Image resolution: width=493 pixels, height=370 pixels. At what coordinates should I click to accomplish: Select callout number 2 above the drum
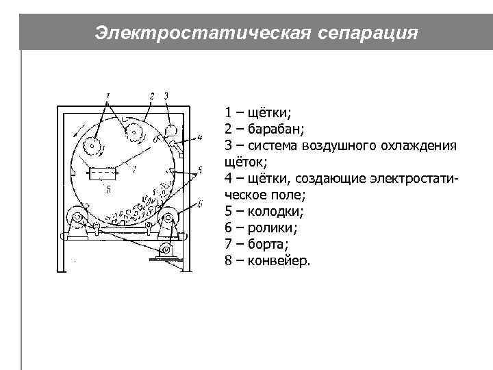152,94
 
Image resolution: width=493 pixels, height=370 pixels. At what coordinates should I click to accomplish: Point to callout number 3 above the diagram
166,94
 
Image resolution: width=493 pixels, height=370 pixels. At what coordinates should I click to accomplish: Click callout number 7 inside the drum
134,168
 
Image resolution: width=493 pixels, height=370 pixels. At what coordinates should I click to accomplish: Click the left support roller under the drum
77,219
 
